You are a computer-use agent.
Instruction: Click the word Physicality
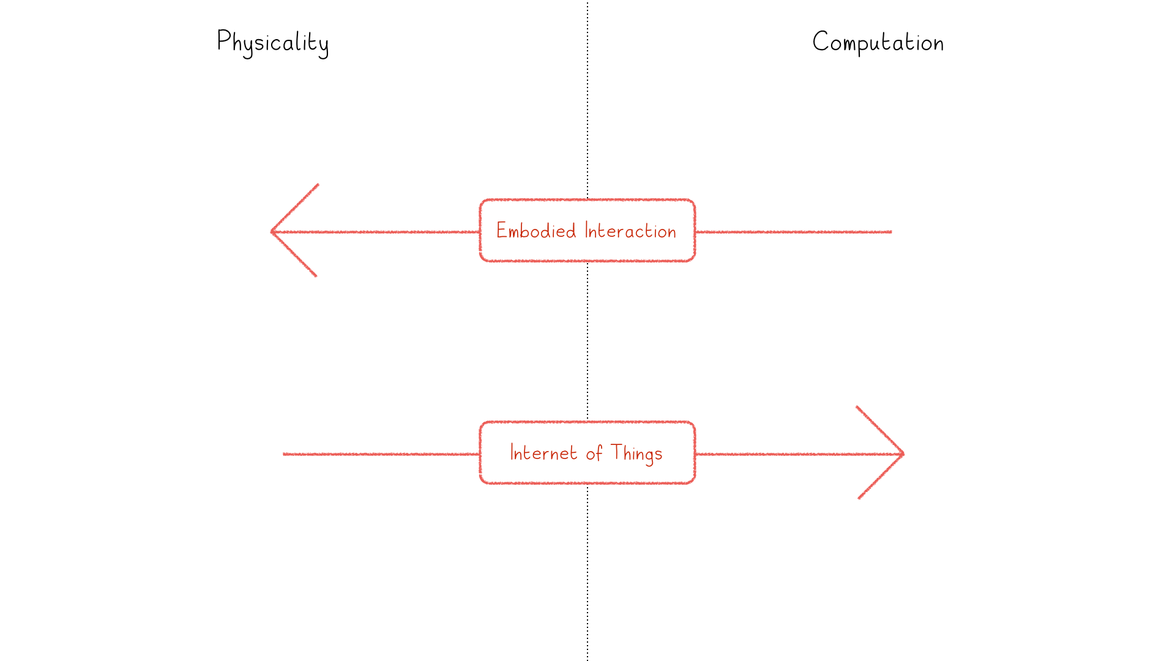click(x=273, y=43)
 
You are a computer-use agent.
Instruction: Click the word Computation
click(x=878, y=42)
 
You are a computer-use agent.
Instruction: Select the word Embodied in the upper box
click(x=536, y=231)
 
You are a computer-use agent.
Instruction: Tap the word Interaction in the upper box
click(x=630, y=231)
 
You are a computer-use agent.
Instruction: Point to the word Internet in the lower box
click(x=543, y=453)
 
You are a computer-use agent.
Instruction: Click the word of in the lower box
click(x=594, y=453)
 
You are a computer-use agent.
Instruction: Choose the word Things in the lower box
click(x=636, y=454)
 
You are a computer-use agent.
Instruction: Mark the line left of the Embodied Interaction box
click(x=375, y=232)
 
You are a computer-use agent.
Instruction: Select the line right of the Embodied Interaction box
click(x=794, y=232)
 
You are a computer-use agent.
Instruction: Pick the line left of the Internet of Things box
click(x=381, y=454)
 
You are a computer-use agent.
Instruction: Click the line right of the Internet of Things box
click(x=799, y=454)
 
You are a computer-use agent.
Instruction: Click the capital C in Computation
click(x=820, y=42)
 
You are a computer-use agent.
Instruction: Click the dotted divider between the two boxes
click(x=587, y=342)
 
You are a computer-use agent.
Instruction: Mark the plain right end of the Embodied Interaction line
click(x=892, y=232)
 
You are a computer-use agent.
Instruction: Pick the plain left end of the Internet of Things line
click(x=283, y=454)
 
